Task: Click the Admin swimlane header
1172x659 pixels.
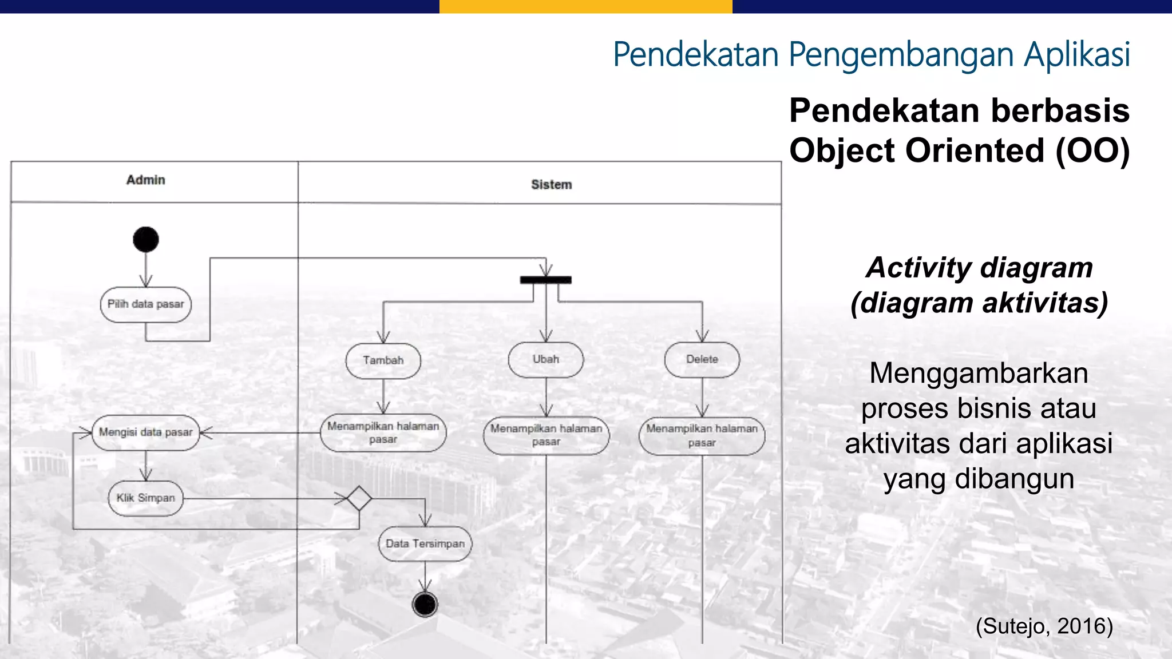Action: [x=146, y=180]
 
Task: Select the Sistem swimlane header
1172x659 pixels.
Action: [x=551, y=185]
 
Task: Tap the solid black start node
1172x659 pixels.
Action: [x=146, y=239]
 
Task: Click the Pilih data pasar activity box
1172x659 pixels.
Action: [x=146, y=304]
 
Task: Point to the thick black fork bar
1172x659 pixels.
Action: [x=545, y=280]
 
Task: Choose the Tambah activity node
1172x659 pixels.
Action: [x=383, y=360]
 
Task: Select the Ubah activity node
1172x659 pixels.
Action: [x=546, y=359]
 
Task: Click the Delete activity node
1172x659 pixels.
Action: [x=702, y=359]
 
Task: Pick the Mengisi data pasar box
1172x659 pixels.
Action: [x=146, y=432]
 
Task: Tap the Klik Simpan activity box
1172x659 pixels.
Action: [x=146, y=498]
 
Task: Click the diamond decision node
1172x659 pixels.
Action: [x=359, y=498]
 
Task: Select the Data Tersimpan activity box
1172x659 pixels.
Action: [x=425, y=543]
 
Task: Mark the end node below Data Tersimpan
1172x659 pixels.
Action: [x=425, y=604]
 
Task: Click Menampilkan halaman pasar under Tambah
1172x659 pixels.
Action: [x=383, y=433]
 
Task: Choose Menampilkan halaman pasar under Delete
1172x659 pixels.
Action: [x=702, y=435]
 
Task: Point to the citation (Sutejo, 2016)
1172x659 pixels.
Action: [x=1044, y=626]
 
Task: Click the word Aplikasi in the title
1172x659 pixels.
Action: [x=1077, y=55]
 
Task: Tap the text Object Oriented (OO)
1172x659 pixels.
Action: [x=959, y=150]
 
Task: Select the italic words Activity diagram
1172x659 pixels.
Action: [x=979, y=267]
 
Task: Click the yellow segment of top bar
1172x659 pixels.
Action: [x=585, y=6]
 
